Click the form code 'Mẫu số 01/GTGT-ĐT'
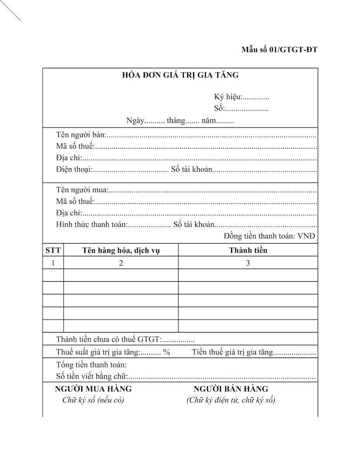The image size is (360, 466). [279, 50]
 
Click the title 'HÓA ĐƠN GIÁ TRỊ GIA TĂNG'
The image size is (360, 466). [180, 75]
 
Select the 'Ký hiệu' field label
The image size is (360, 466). [228, 97]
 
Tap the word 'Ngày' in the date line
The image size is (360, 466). [135, 121]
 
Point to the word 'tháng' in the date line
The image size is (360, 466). [176, 121]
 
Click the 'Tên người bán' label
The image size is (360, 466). [81, 135]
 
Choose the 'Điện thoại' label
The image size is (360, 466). [74, 170]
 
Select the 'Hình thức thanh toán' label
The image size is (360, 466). [92, 225]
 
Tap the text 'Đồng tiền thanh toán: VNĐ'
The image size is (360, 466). [270, 236]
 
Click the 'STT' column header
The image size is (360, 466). [53, 250]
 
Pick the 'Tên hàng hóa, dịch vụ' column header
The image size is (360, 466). [121, 250]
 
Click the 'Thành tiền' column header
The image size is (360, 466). [248, 250]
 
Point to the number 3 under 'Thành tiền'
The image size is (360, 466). [248, 263]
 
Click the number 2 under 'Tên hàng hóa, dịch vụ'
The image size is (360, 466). [121, 263]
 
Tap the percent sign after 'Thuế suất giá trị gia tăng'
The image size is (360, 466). [167, 353]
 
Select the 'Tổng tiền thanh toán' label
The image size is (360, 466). [91, 365]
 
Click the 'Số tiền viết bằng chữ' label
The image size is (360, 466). [92, 376]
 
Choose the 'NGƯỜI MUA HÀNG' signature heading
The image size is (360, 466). [93, 389]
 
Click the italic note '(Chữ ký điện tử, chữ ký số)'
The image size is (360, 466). [231, 400]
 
